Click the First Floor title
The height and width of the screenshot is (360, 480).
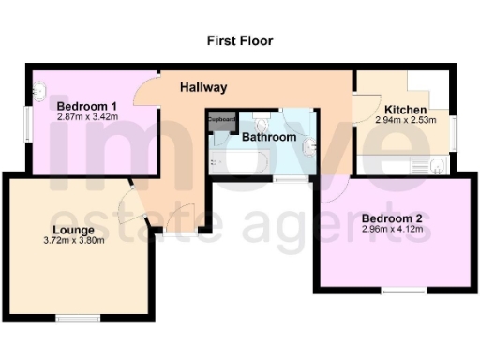point(240,41)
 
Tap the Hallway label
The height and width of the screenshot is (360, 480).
point(203,88)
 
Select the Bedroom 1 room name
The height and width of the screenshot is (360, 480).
point(86,107)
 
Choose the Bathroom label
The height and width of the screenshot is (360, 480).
point(269,138)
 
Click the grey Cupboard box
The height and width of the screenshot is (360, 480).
point(222,121)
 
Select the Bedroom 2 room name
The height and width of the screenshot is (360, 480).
point(392,219)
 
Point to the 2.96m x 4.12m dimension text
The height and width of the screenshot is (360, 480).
point(392,231)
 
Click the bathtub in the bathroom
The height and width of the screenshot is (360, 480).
point(242,163)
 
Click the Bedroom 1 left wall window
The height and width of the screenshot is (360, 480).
point(28,125)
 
